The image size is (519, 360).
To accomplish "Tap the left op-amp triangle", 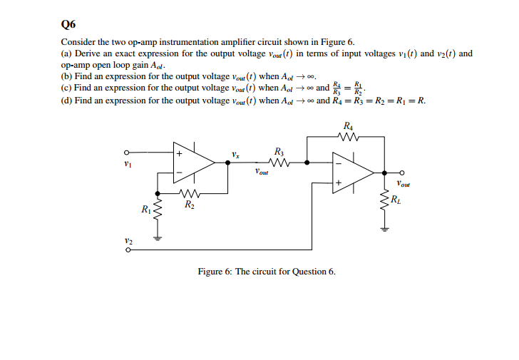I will [191, 163].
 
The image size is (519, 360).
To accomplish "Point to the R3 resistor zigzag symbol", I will [279, 163].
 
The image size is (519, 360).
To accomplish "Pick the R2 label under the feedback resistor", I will [187, 205].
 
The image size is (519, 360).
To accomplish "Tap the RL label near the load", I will [396, 199].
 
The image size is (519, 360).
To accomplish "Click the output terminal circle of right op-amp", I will [402, 173].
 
